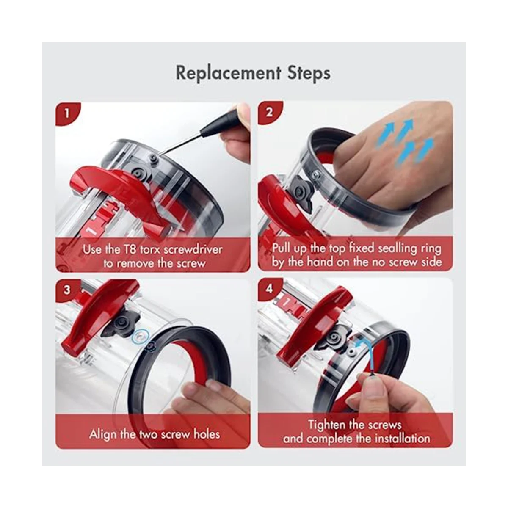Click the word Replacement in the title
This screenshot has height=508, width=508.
point(228,73)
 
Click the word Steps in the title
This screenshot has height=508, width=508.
point(309,73)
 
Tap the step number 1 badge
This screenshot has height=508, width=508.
point(67,113)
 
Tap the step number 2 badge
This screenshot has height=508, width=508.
point(269,113)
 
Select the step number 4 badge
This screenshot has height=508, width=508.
point(269,289)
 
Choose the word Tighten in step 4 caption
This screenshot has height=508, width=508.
point(326,425)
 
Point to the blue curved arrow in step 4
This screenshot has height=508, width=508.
point(362,355)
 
